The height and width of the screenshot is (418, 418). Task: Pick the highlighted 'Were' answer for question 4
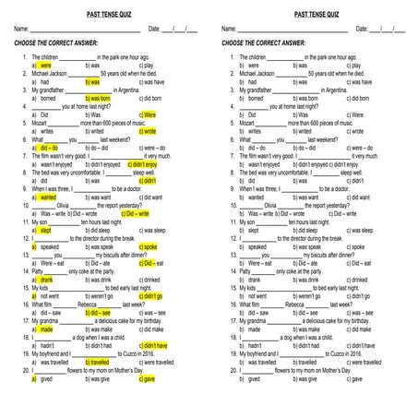point(149,114)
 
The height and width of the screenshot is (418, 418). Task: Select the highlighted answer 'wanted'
point(48,197)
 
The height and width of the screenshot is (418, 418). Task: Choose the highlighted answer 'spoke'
point(150,247)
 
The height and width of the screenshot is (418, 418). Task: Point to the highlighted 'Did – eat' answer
point(153,263)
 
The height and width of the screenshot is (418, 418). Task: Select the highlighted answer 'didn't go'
point(153,296)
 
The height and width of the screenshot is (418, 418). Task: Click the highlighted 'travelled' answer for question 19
point(98,363)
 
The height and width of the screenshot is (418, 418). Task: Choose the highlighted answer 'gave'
point(149,379)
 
